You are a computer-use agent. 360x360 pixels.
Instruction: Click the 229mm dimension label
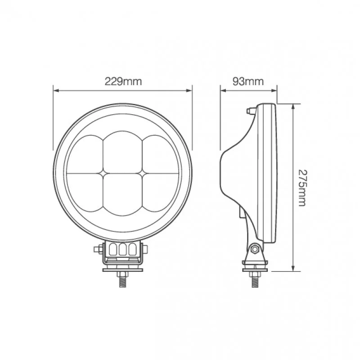(123, 81)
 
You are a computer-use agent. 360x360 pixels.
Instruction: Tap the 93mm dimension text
(248, 81)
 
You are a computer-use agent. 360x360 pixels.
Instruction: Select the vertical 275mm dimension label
(302, 188)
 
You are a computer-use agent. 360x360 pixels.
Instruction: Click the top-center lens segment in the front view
(122, 152)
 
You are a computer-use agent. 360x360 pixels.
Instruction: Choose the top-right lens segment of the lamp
(160, 154)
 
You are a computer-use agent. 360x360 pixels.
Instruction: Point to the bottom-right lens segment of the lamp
(160, 192)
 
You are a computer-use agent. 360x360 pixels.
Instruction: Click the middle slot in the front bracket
(122, 249)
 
